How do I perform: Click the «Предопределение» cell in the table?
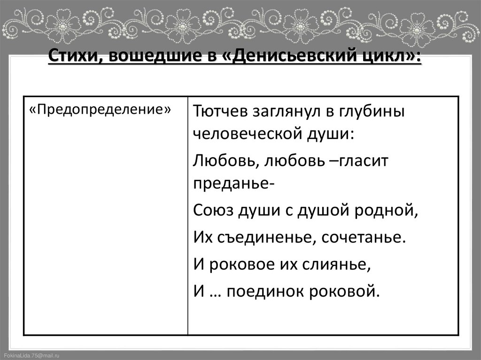pos(99,109)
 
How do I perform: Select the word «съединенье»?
pos(266,237)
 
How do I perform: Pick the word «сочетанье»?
pos(362,237)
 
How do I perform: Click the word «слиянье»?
pos(341,264)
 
